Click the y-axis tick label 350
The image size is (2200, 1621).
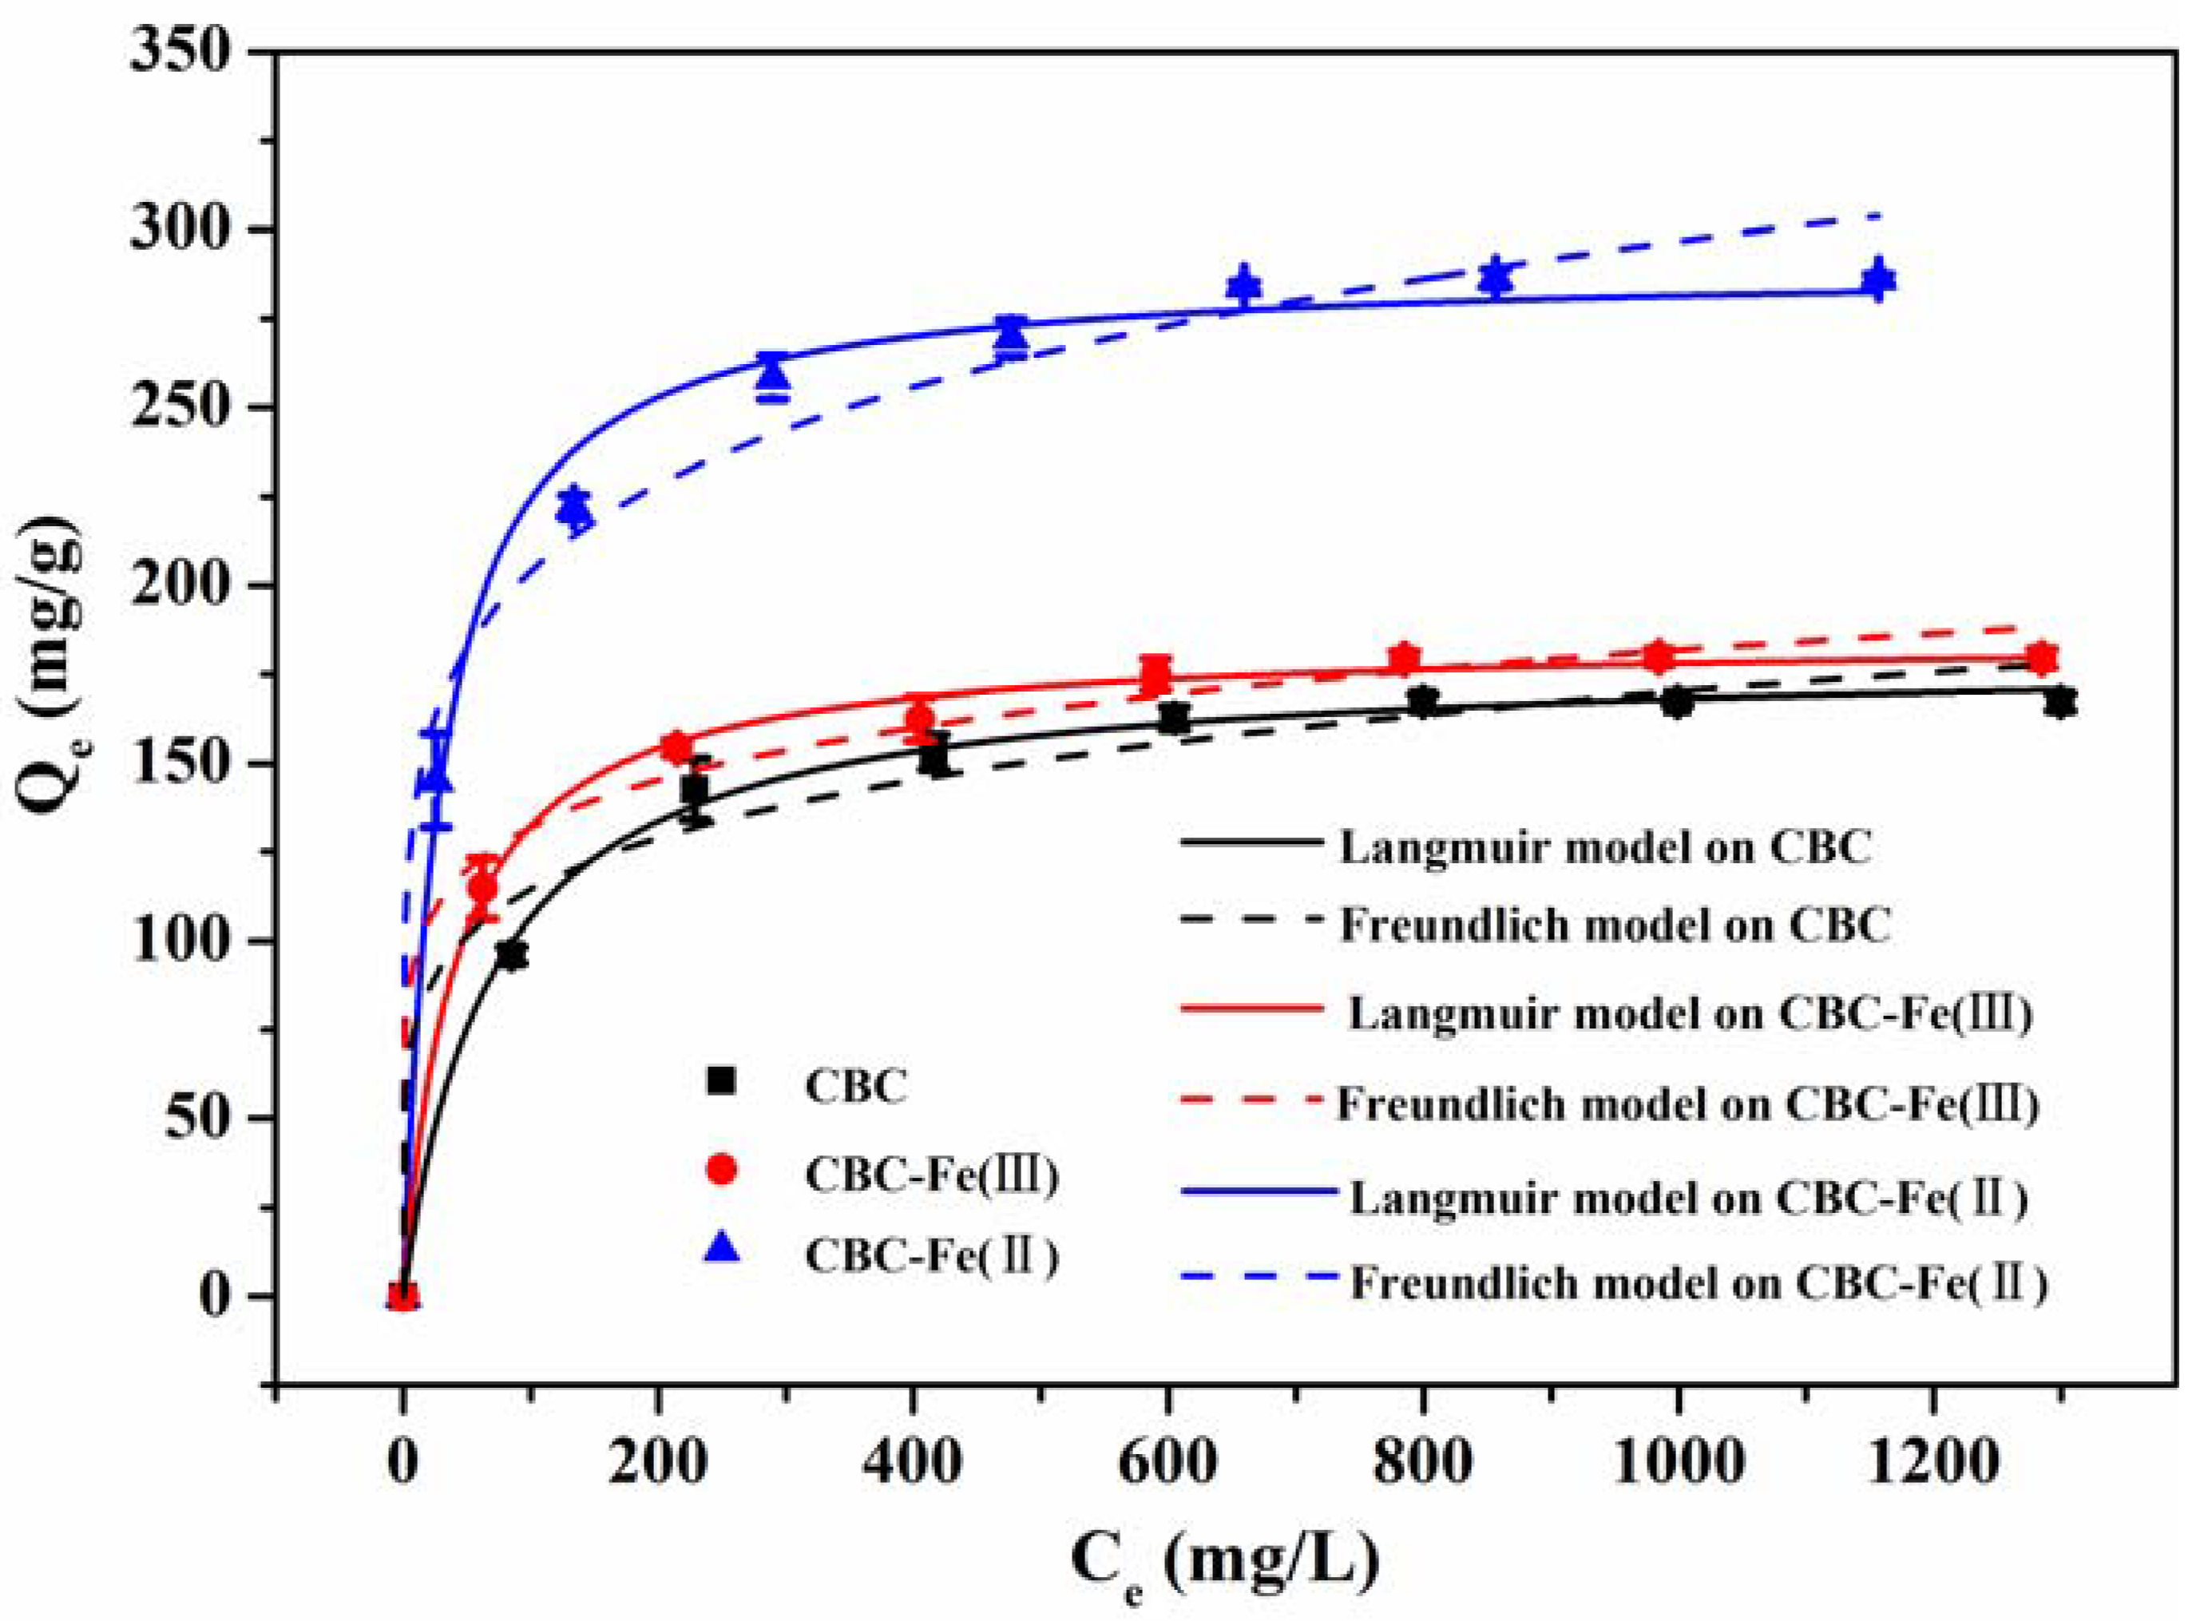pos(186,51)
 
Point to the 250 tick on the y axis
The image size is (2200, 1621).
pos(186,407)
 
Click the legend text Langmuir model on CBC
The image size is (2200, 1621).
pos(1604,846)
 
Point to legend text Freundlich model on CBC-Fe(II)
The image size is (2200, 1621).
pos(1698,1283)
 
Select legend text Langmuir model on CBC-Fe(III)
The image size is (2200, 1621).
pos(1688,1013)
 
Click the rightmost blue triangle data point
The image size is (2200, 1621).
pos(1877,279)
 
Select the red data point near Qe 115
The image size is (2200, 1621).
pos(482,886)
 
